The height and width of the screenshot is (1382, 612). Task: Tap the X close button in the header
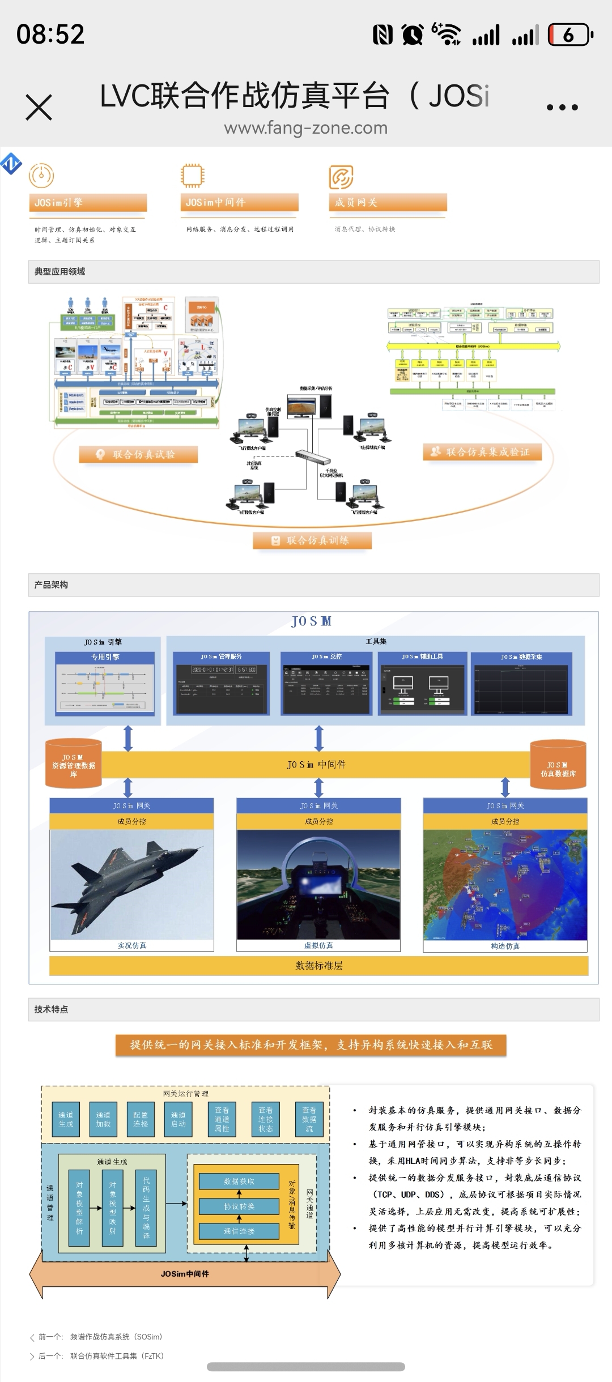pyautogui.click(x=39, y=107)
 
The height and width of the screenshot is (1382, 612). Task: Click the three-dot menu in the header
pyautogui.click(x=562, y=107)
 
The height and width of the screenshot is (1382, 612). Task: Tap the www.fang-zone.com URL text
pyautogui.click(x=305, y=128)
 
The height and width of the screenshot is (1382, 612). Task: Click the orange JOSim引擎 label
pyautogui.click(x=88, y=203)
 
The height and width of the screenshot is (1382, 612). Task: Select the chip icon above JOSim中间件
pyautogui.click(x=192, y=176)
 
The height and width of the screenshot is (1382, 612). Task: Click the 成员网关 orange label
pyautogui.click(x=388, y=203)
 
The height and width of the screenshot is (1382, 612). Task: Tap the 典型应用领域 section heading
pyautogui.click(x=59, y=272)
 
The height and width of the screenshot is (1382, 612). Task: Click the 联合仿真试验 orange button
pyautogui.click(x=138, y=454)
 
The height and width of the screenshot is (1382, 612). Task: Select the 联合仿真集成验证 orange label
pyautogui.click(x=482, y=452)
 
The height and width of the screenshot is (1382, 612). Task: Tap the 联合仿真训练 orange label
pyautogui.click(x=312, y=540)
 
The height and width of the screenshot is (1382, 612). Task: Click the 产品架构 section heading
pyautogui.click(x=51, y=585)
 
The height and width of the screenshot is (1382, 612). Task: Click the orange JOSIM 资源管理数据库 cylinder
pyautogui.click(x=73, y=764)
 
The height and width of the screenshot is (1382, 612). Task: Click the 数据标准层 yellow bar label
pyautogui.click(x=318, y=966)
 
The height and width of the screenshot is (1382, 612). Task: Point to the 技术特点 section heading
pyautogui.click(x=51, y=1009)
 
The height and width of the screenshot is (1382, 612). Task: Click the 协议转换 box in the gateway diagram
pyautogui.click(x=239, y=1206)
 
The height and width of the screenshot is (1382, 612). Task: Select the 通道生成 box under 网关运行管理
pyautogui.click(x=66, y=1119)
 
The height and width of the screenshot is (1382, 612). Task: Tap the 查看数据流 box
pyautogui.click(x=309, y=1119)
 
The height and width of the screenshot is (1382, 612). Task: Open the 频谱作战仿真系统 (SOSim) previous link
pyautogui.click(x=116, y=1337)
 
